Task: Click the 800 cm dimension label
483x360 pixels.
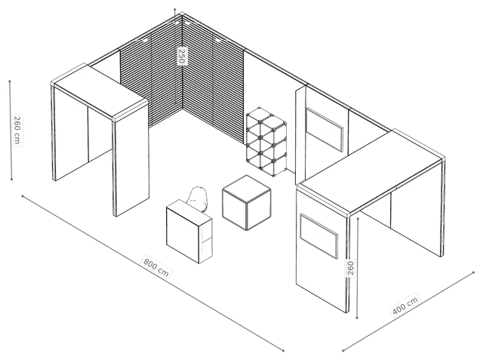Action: click(x=156, y=266)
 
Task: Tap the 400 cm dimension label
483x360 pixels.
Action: click(x=405, y=305)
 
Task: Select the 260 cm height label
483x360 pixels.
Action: click(x=17, y=130)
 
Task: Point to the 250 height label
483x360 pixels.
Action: click(x=181, y=56)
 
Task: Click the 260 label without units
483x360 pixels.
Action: click(x=350, y=268)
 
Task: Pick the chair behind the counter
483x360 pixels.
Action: click(x=198, y=199)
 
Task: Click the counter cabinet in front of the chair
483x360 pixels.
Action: click(x=189, y=231)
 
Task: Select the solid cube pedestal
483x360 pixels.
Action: click(x=247, y=202)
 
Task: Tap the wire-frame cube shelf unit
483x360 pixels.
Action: click(x=266, y=141)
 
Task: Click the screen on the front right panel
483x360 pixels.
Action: click(x=318, y=236)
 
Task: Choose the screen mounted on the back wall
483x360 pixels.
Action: click(x=324, y=129)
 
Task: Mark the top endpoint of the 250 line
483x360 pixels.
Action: click(x=174, y=10)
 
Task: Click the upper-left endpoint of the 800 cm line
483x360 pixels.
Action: click(x=23, y=196)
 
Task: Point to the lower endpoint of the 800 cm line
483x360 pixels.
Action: click(x=283, y=350)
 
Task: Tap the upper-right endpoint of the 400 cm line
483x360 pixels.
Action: click(x=474, y=272)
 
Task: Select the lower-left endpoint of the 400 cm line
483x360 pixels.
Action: click(x=343, y=350)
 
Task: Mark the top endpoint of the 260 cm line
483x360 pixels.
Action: click(x=10, y=82)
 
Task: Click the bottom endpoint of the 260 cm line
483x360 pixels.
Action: click(x=12, y=179)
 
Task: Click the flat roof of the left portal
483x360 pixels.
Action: click(x=100, y=91)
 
